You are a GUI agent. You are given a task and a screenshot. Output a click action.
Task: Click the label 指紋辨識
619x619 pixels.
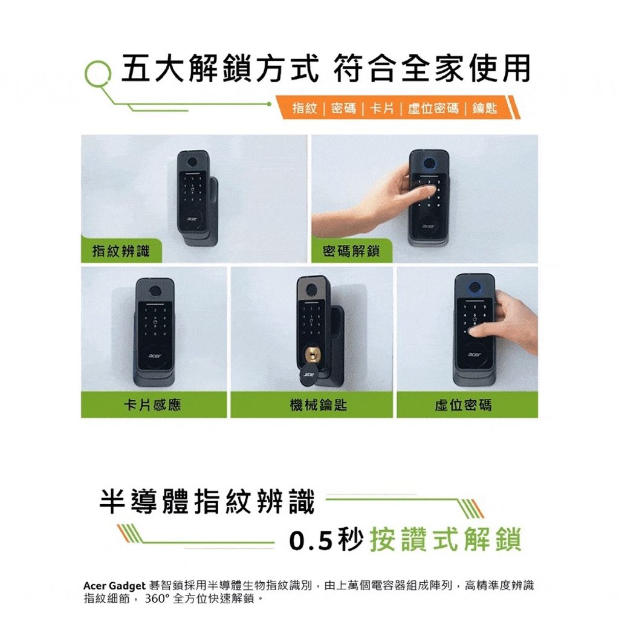click(120, 251)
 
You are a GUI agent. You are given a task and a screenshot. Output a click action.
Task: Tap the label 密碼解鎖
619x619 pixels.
click(351, 251)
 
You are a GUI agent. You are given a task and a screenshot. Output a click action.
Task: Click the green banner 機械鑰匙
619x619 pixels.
click(319, 404)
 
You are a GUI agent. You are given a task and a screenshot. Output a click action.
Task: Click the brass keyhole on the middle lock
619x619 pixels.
click(313, 354)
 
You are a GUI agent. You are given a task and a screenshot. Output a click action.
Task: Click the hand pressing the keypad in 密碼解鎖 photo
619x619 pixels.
click(387, 193)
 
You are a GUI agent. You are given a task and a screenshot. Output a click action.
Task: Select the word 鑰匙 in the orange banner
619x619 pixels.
click(487, 108)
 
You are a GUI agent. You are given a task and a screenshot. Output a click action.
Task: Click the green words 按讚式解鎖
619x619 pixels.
click(446, 539)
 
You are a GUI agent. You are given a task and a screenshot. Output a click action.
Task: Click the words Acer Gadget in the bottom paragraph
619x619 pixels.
click(114, 586)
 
